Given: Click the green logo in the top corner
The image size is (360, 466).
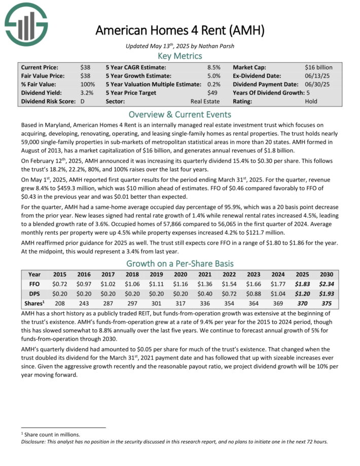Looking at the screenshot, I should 26,23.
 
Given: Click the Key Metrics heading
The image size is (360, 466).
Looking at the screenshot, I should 180,56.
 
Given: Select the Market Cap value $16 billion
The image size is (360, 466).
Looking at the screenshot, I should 319,67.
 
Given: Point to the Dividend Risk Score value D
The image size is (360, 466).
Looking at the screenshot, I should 83,101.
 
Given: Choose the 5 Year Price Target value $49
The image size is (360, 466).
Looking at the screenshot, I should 213,93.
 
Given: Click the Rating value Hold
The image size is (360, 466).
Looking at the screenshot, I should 311,101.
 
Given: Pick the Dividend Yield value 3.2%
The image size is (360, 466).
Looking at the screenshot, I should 87,93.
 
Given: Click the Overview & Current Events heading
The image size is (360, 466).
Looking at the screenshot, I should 180,114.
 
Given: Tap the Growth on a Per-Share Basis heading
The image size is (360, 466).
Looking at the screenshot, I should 180,264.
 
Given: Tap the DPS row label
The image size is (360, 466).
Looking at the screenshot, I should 34,294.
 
